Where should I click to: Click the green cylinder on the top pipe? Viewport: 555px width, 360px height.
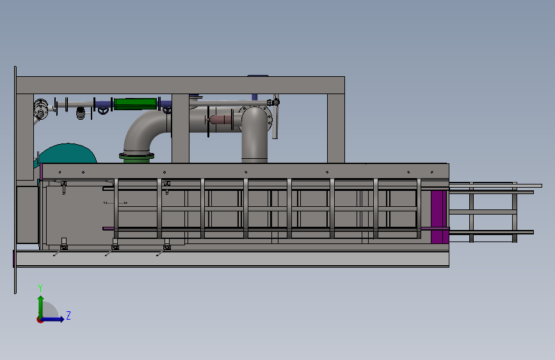[x=135, y=104]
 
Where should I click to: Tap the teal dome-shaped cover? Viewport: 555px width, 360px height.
[x=67, y=154]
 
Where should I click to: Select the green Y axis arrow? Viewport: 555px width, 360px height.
[x=41, y=307]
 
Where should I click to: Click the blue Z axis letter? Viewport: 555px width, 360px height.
[x=68, y=315]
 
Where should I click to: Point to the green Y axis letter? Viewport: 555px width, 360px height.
[x=40, y=288]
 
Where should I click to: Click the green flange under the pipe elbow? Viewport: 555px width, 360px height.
[x=136, y=158]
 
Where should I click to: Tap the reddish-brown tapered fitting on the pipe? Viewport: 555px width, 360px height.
[x=219, y=120]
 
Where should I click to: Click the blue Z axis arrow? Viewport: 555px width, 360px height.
[x=53, y=319]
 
